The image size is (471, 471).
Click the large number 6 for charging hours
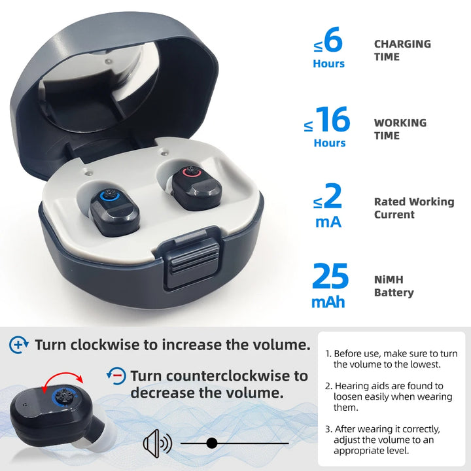click(x=333, y=41)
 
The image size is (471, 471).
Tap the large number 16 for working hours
click(x=332, y=120)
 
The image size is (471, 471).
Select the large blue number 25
click(x=330, y=276)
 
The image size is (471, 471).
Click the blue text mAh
click(x=328, y=302)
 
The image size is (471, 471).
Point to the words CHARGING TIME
click(x=402, y=50)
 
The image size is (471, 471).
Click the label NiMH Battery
click(x=394, y=286)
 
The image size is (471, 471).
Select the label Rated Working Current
click(x=413, y=208)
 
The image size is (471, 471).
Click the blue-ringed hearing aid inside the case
click(x=114, y=209)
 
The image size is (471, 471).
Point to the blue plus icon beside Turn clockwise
click(x=20, y=345)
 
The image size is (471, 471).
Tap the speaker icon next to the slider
click(x=157, y=444)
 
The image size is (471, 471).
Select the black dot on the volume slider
click(x=211, y=444)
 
